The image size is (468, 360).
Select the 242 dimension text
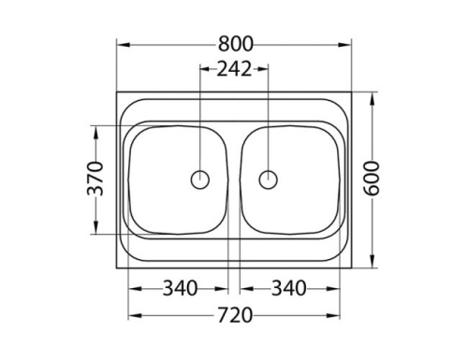coord(234,68)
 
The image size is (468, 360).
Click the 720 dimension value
coord(234,316)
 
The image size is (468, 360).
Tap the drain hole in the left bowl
coord(200,179)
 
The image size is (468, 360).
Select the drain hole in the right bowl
coord(269,179)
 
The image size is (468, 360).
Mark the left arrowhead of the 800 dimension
coord(121,44)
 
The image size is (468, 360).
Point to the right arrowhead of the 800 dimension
coord(347,44)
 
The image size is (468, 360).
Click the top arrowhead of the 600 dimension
coord(373,95)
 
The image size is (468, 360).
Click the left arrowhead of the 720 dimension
coord(132,316)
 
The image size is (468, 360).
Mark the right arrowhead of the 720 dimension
coord(336,316)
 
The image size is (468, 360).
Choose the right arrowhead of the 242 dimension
coord(265,68)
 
